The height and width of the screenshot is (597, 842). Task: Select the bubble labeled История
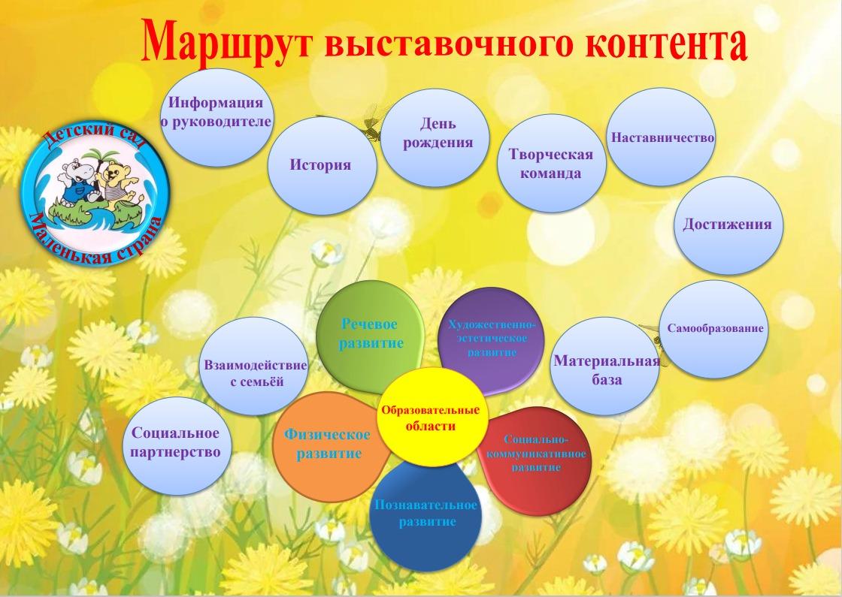[322, 166]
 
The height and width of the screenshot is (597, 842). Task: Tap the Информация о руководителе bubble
[216, 117]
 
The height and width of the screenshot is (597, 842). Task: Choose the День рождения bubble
[435, 137]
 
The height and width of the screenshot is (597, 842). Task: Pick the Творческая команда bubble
[552, 163]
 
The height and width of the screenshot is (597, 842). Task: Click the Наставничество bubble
[662, 137]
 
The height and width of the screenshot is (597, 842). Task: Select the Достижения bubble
[728, 225]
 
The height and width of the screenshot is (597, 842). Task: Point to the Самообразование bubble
[713, 329]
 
